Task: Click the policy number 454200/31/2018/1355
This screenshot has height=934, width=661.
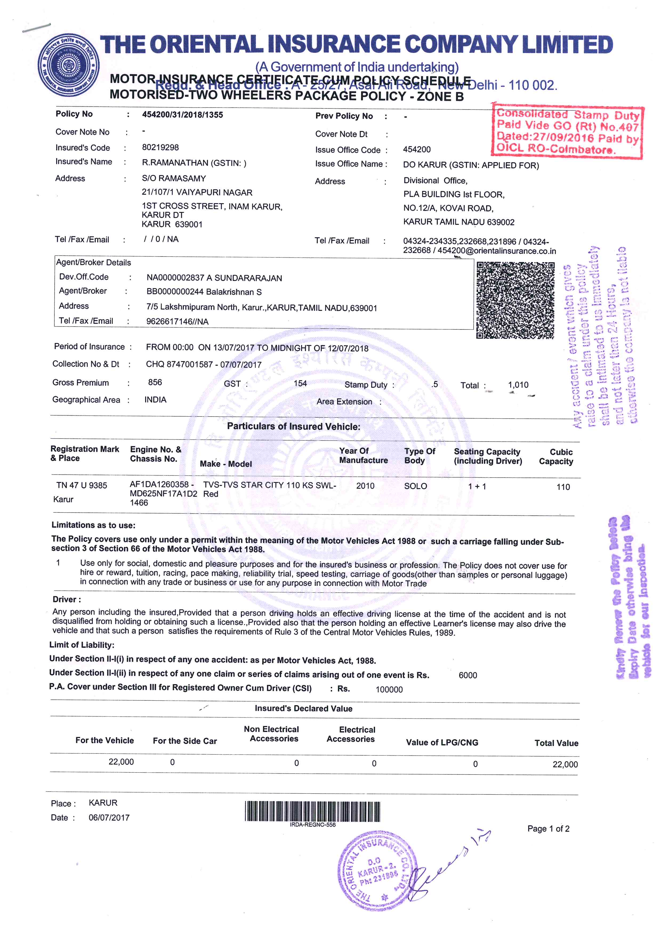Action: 182,115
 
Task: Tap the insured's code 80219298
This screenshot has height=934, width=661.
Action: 160,147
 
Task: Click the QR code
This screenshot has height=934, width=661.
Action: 515,300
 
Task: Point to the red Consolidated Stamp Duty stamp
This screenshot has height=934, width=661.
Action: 567,131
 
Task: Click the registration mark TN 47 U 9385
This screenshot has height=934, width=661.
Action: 82,485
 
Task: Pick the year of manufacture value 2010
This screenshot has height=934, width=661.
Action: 365,486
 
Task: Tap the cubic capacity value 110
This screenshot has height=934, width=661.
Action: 563,487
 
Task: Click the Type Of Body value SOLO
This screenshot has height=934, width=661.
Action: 416,486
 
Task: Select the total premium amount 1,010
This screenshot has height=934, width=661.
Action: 518,385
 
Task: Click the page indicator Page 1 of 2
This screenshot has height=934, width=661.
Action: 548,829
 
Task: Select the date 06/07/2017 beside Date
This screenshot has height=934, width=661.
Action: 109,818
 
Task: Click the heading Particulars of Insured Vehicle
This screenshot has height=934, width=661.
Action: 293,426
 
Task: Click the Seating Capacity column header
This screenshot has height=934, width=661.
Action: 487,456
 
